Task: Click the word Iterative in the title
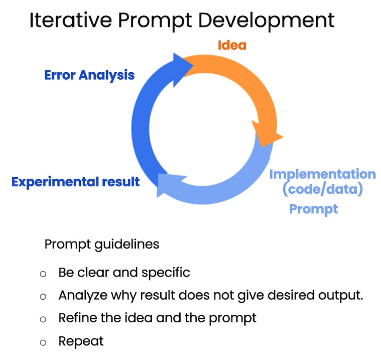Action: click(71, 20)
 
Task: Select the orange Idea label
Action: click(232, 45)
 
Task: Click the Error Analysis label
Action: click(89, 75)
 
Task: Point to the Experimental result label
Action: click(76, 182)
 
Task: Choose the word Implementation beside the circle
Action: click(323, 175)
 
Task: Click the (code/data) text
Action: click(323, 189)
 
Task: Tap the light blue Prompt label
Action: click(313, 209)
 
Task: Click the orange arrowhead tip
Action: click(283, 137)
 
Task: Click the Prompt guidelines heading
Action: click(102, 245)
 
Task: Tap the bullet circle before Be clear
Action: click(43, 274)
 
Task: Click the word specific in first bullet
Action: click(166, 273)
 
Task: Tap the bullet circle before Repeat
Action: click(43, 343)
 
